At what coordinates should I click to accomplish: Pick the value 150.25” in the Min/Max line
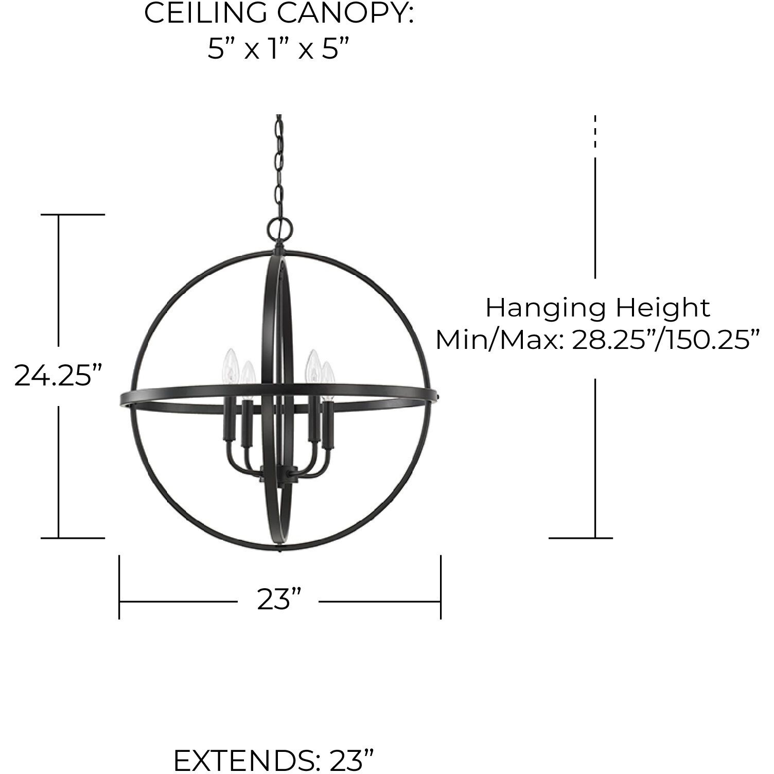708,340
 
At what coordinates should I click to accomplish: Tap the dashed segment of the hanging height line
595,131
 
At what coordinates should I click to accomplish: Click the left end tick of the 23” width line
119,587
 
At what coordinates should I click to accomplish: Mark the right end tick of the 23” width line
441,587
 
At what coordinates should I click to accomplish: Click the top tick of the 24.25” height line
73,215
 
